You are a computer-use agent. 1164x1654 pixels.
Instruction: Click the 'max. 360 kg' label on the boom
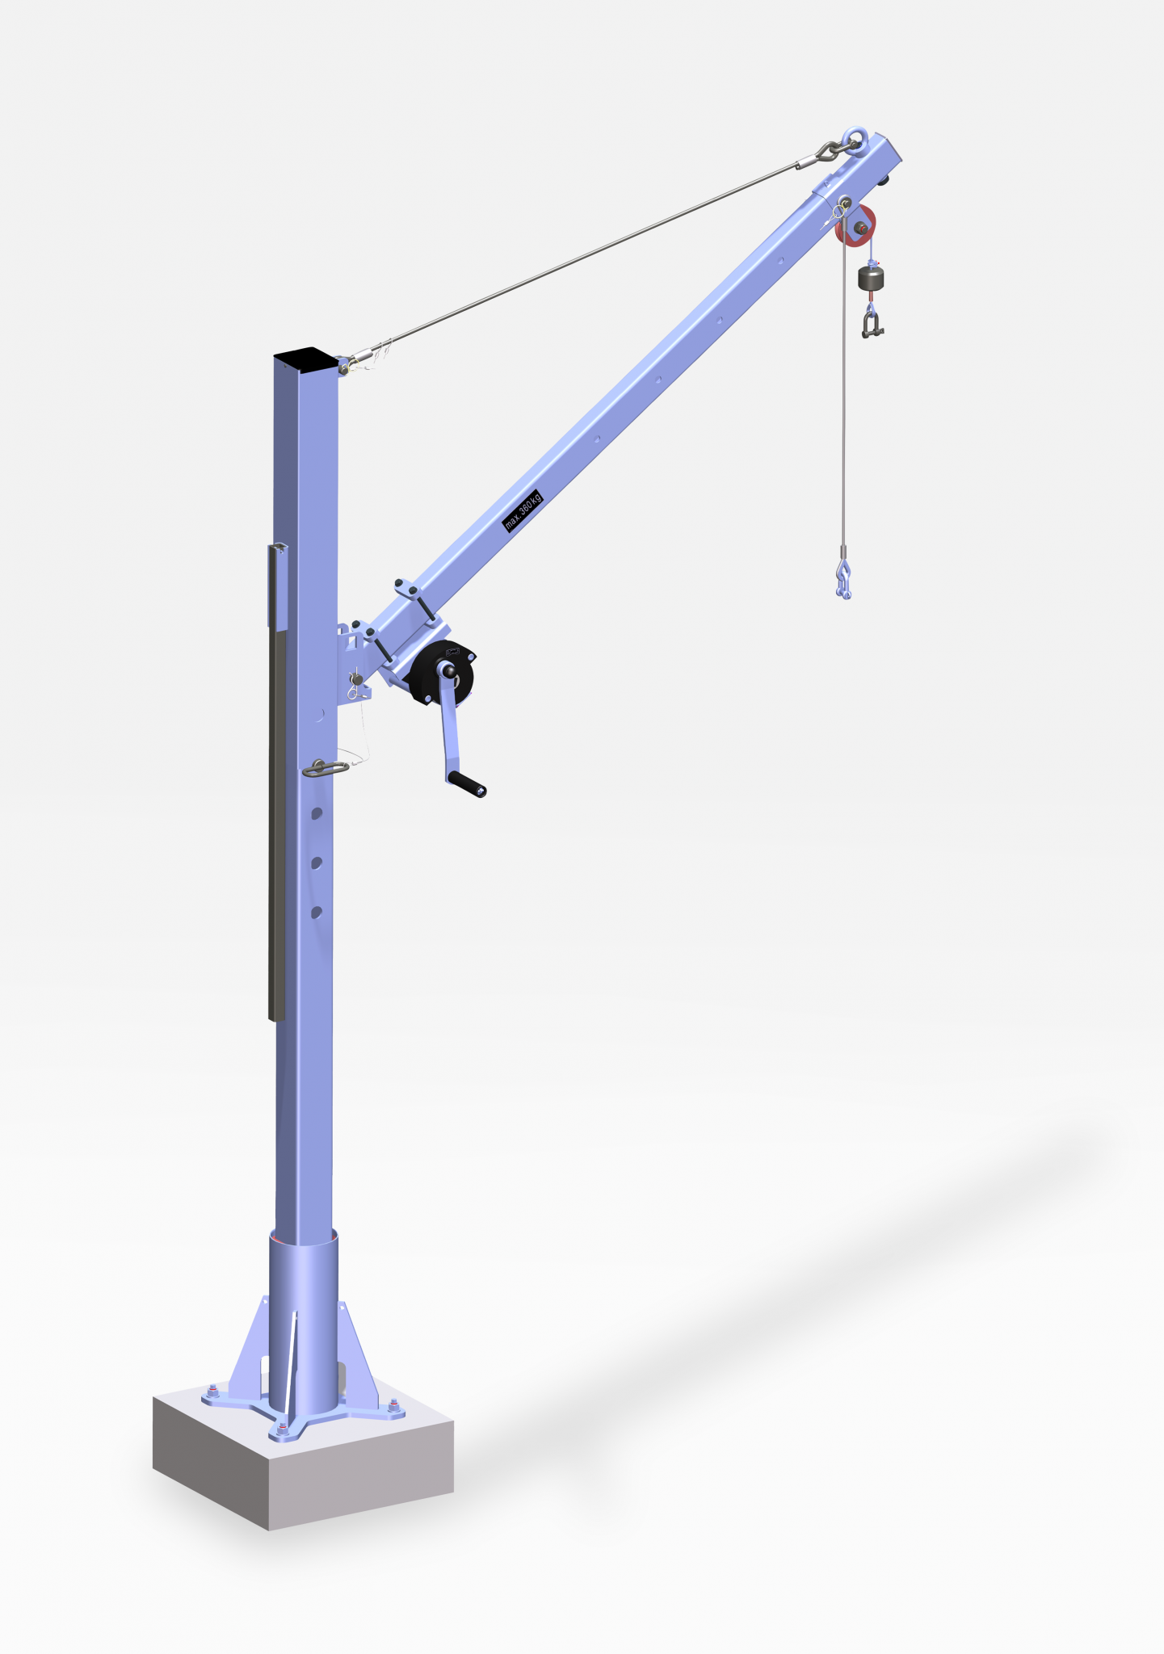tap(523, 510)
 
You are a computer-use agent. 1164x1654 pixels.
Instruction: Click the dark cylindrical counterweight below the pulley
tap(872, 279)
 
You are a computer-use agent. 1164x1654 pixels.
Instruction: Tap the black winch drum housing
tap(441, 672)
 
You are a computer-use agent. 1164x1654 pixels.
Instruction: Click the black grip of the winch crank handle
tap(467, 784)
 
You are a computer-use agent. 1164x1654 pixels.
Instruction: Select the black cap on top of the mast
tap(305, 355)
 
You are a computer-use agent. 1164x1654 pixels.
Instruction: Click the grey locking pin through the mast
tap(325, 768)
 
